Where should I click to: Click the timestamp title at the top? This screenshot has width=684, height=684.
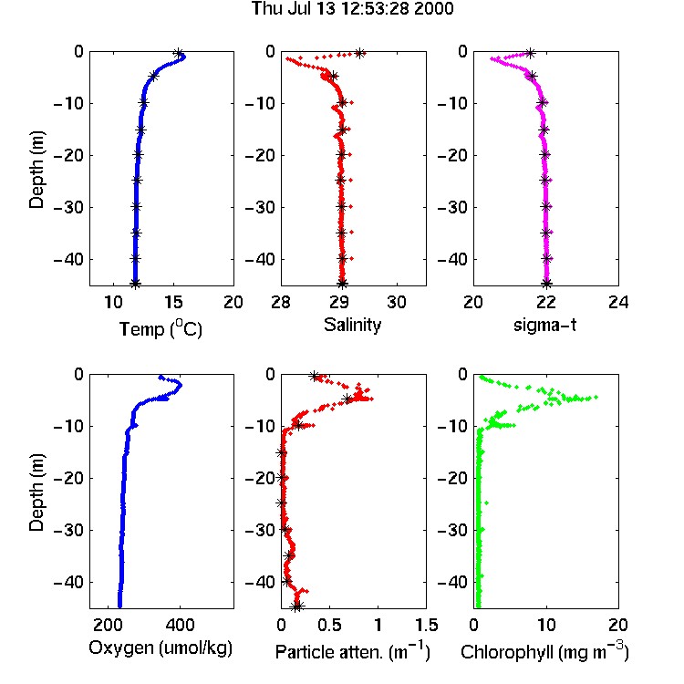pyautogui.click(x=352, y=9)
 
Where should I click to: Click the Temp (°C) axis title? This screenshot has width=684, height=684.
pyautogui.click(x=161, y=328)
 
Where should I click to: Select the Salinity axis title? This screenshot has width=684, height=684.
pyautogui.click(x=352, y=325)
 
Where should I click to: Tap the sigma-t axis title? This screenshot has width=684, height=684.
pyautogui.click(x=544, y=325)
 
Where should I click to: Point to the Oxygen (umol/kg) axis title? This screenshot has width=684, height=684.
pyautogui.click(x=161, y=648)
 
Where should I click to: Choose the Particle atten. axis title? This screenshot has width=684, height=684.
pyautogui.click(x=352, y=651)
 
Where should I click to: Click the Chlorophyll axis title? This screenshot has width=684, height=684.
pyautogui.click(x=544, y=651)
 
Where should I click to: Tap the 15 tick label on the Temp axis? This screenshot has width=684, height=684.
pyautogui.click(x=173, y=302)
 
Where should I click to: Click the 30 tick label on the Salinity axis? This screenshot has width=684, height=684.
pyautogui.click(x=397, y=302)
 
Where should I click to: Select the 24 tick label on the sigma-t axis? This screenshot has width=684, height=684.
pyautogui.click(x=618, y=302)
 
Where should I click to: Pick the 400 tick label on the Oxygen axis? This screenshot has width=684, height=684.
pyautogui.click(x=180, y=625)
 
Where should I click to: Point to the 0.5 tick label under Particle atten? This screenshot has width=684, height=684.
pyautogui.click(x=329, y=625)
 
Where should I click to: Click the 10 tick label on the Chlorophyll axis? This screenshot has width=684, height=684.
pyautogui.click(x=546, y=625)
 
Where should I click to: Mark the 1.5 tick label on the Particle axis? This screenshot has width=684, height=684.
pyautogui.click(x=426, y=625)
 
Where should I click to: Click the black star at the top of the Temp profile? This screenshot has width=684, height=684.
pyautogui.click(x=178, y=54)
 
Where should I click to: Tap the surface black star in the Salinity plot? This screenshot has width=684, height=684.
pyautogui.click(x=360, y=54)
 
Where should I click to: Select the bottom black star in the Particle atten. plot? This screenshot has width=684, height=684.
pyautogui.click(x=297, y=606)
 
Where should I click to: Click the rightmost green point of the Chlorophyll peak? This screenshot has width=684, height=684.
pyautogui.click(x=596, y=397)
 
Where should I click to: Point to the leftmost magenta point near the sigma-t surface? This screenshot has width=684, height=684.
pyautogui.click(x=492, y=58)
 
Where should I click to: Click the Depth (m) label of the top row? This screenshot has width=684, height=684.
pyautogui.click(x=36, y=170)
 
